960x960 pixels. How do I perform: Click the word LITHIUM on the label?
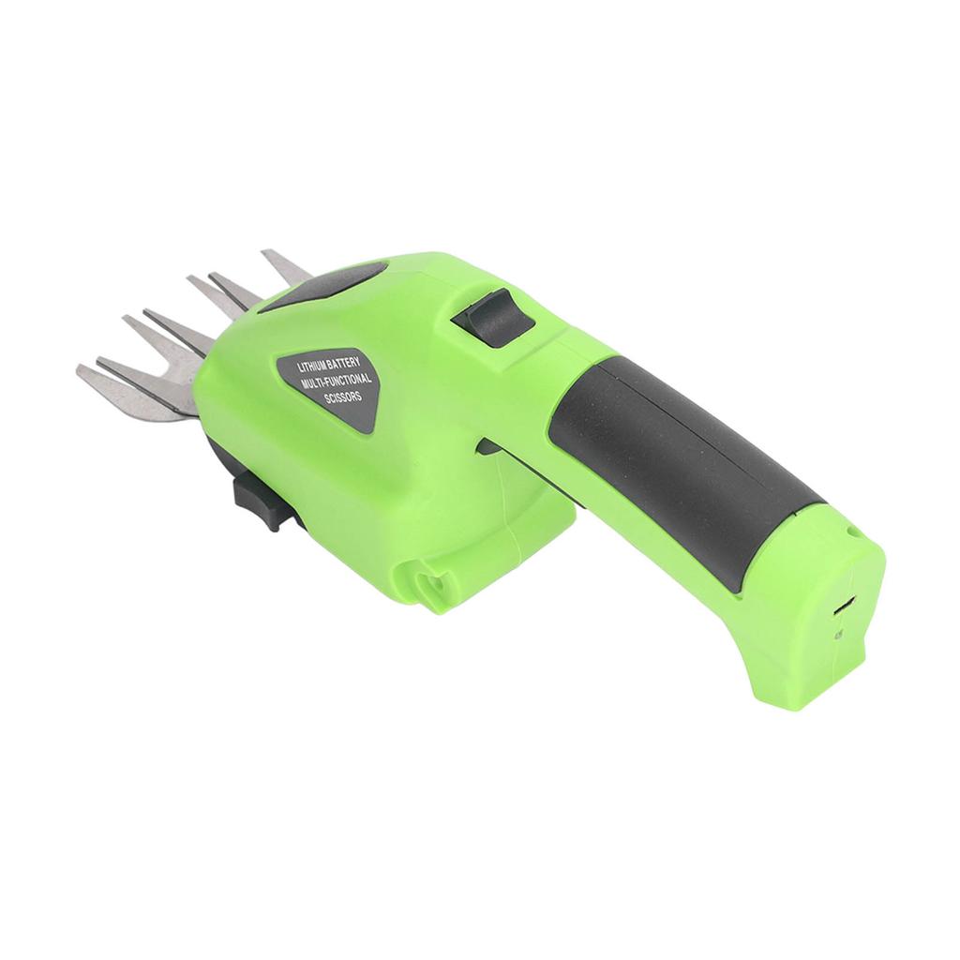pyautogui.click(x=310, y=367)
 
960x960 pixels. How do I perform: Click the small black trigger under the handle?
pyautogui.click(x=487, y=446)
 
